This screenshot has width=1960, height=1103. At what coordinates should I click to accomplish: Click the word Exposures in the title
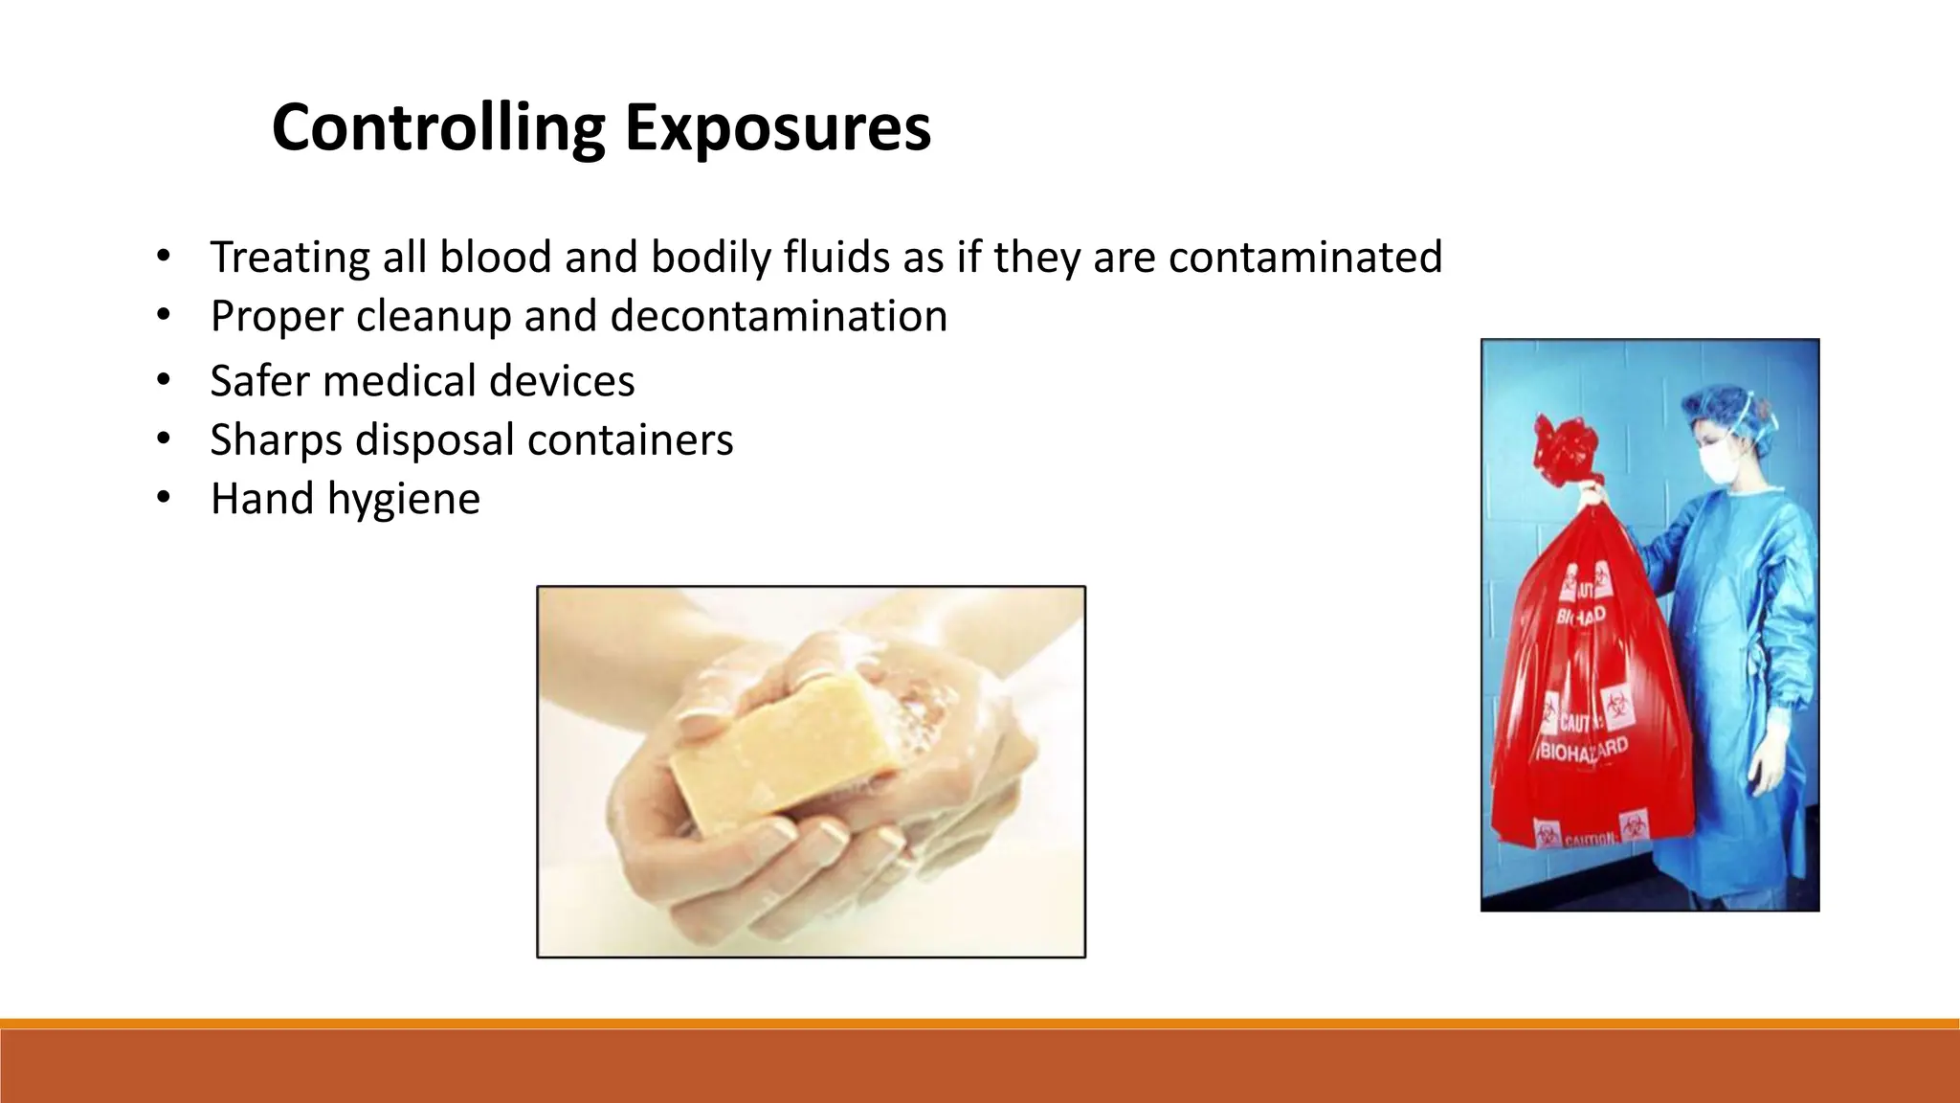[x=777, y=128]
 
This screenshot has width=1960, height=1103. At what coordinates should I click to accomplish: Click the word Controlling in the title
[x=438, y=128]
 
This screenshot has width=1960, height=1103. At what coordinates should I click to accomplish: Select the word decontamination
[x=778, y=316]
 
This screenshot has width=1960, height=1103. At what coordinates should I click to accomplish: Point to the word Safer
[x=260, y=381]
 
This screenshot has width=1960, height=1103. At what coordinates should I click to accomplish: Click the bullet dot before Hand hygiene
[x=164, y=498]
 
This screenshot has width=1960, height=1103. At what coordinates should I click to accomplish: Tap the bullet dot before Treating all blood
[x=164, y=256]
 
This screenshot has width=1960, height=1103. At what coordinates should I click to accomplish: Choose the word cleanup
[x=434, y=316]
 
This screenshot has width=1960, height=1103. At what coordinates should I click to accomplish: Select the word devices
[x=562, y=381]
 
